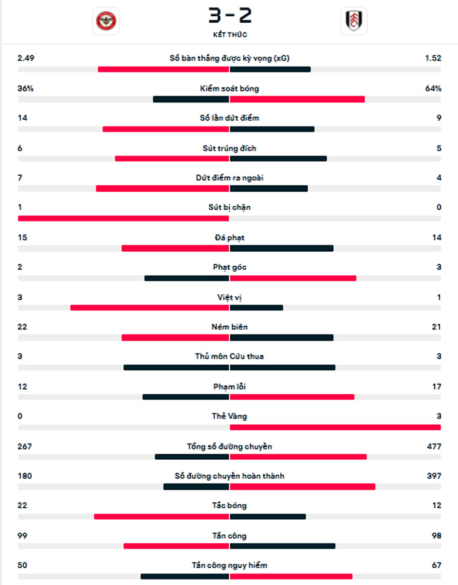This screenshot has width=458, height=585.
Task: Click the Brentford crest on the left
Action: coord(105,22)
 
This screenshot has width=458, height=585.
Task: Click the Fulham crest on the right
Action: coord(353,22)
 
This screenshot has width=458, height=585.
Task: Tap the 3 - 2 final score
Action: coord(229,15)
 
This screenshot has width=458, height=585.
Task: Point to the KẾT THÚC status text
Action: coord(229,34)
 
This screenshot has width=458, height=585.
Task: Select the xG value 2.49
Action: coord(26,59)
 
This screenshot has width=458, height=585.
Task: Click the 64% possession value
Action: coord(432,88)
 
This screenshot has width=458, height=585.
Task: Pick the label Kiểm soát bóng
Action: coord(229,88)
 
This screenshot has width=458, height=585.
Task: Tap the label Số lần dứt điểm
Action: coord(229,118)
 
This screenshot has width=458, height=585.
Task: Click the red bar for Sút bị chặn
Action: coord(123,218)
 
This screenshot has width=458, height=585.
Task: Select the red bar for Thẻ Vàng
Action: coord(335,427)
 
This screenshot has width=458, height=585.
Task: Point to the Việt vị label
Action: coord(229,297)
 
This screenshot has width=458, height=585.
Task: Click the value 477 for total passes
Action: coord(434,446)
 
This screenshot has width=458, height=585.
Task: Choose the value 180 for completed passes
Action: coord(25,476)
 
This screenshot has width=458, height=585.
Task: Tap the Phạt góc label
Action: coord(229,267)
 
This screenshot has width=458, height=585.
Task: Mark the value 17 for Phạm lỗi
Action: coord(436,386)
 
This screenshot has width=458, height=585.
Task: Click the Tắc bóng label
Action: coord(229,506)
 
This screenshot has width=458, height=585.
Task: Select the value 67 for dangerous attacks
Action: coord(436,565)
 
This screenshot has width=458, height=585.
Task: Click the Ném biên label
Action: coord(229,326)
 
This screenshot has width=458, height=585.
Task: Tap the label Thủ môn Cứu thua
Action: coord(229,356)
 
